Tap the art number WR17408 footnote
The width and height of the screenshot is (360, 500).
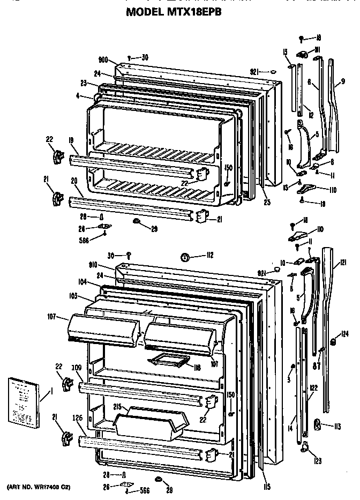39,487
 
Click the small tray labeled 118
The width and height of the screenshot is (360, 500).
167,361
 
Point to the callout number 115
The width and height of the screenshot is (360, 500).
266,487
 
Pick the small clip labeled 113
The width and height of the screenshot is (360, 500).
317,425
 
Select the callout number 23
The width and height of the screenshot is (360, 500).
84,83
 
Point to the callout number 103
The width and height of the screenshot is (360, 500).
73,296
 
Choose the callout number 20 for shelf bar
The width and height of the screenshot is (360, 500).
74,181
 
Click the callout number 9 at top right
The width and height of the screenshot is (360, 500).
343,83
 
